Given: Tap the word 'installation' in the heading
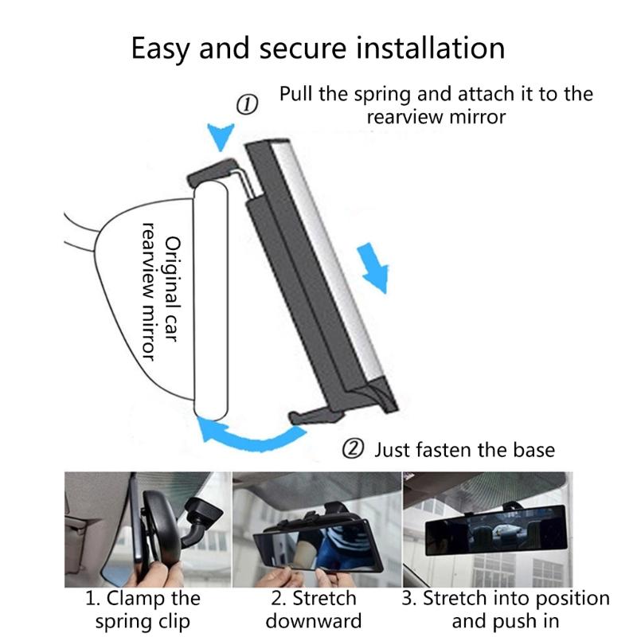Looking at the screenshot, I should pos(432,49).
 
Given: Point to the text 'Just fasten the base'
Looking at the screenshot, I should pos(464,450).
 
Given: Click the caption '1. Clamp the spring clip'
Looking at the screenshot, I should pos(143,609).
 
